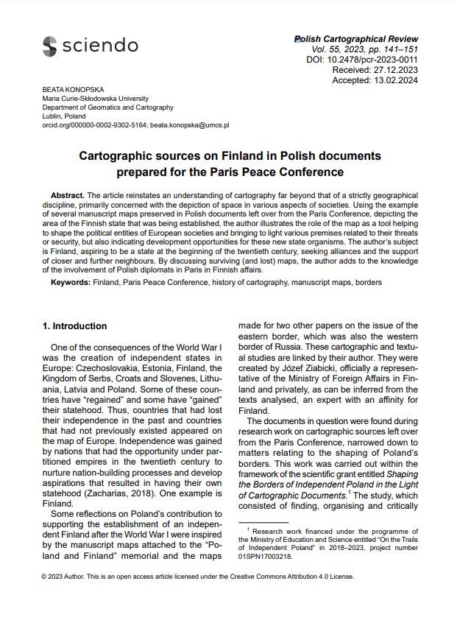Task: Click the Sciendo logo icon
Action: tap(49, 46)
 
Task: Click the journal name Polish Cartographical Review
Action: tap(356, 39)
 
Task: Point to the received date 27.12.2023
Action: tap(394, 70)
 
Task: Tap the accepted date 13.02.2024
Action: tap(394, 80)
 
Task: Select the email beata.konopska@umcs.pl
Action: tap(190, 126)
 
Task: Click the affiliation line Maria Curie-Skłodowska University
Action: tap(96, 98)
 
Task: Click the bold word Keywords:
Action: tap(71, 282)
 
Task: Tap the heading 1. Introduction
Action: tap(74, 326)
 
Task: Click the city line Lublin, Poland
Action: tap(64, 116)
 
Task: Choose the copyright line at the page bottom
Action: tap(198, 577)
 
